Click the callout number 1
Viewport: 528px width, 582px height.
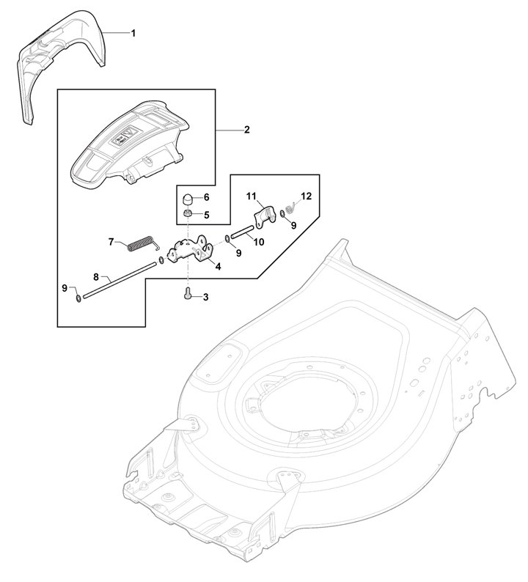133,33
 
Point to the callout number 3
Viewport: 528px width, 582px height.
205,297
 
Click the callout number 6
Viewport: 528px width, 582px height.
207,198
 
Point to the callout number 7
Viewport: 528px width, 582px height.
112,240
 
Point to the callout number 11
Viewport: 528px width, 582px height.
250,196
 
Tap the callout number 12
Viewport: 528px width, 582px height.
306,196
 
